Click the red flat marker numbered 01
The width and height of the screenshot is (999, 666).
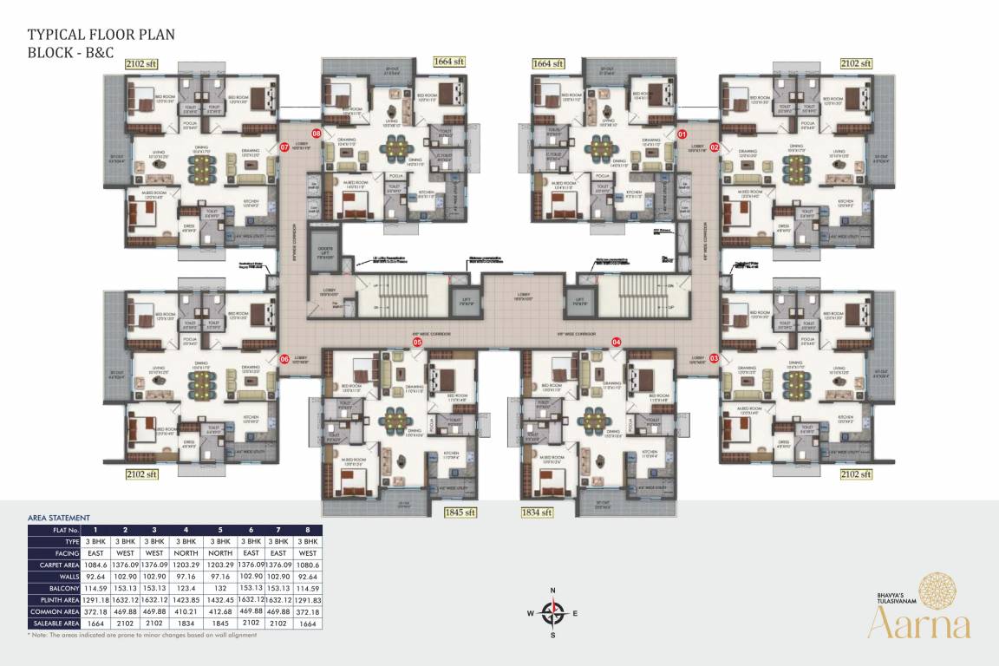point(682,134)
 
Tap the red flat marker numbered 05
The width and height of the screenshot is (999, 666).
point(417,343)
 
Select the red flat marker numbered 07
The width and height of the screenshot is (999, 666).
point(284,147)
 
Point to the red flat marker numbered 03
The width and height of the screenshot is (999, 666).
point(715,357)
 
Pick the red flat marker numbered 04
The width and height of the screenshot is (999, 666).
point(617,343)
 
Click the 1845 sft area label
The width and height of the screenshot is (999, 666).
point(460,512)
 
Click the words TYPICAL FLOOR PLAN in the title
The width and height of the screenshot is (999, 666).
point(101,35)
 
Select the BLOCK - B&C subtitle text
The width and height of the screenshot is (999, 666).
point(70,52)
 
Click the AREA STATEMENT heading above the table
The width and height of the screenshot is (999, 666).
point(59,517)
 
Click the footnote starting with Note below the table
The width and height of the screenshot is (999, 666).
point(142,635)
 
